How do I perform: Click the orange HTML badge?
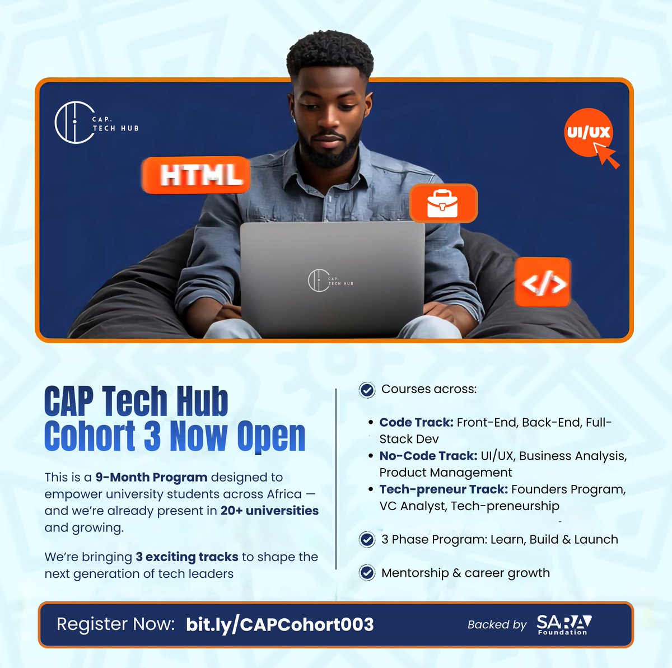(195, 175)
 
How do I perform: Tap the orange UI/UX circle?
(587, 132)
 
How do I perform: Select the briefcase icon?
(443, 203)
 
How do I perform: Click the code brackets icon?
(543, 283)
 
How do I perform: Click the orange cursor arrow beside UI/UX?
(606, 155)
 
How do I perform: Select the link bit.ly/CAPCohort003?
(279, 624)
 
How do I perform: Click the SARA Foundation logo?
(563, 624)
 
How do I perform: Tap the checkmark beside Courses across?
(367, 390)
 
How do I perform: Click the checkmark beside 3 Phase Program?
(367, 540)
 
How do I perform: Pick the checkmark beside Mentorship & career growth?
(367, 573)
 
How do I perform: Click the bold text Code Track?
(416, 422)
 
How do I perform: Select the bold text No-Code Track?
(428, 456)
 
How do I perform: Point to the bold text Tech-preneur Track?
(444, 489)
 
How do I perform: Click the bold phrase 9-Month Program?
(151, 478)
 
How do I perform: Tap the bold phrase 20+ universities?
(269, 511)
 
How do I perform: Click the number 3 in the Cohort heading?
(151, 436)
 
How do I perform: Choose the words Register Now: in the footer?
(116, 624)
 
